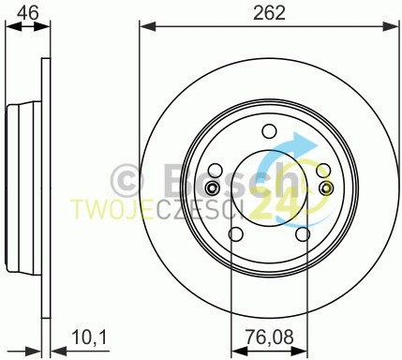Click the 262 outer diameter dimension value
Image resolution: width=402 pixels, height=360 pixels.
pyautogui.click(x=269, y=13)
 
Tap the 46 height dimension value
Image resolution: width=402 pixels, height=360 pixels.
pyautogui.click(x=28, y=13)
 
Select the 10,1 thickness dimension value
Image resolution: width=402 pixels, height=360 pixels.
pyautogui.click(x=89, y=337)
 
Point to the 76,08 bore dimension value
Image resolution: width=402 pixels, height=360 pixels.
pyautogui.click(x=269, y=337)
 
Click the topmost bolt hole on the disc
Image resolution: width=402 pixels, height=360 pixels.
pyautogui.click(x=269, y=131)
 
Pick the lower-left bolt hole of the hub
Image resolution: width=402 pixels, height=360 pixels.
pyautogui.click(x=236, y=234)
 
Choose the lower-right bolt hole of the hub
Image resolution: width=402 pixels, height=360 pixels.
pyautogui.click(x=303, y=234)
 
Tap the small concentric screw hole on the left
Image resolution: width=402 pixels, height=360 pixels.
pyautogui.click(x=212, y=187)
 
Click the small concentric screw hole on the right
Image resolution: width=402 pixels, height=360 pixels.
pyautogui.click(x=326, y=187)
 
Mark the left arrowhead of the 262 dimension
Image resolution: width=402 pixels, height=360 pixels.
pyautogui.click(x=148, y=26)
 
